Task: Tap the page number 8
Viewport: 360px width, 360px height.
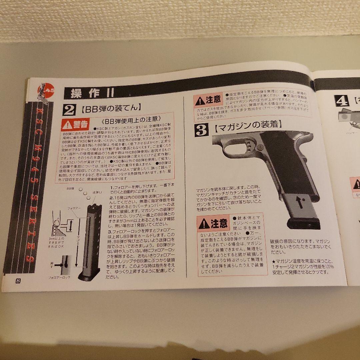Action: [x=18, y=280]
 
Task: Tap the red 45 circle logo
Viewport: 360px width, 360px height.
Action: [x=45, y=90]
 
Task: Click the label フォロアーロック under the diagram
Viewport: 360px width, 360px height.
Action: [x=59, y=277]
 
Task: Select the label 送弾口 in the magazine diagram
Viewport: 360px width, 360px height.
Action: [x=97, y=192]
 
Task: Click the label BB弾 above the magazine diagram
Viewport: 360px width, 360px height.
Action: [x=70, y=188]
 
